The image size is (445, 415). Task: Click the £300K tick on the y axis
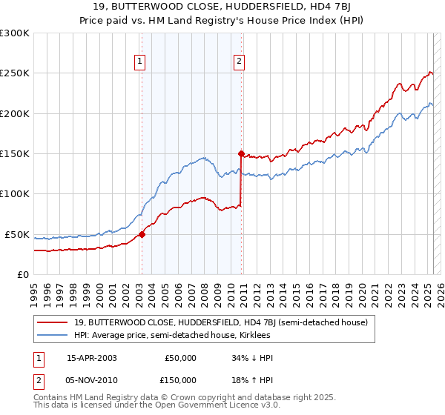click(x=15, y=33)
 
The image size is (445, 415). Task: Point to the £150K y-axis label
click(x=15, y=154)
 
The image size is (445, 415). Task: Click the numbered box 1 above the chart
click(x=140, y=62)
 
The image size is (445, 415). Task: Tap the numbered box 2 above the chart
click(x=240, y=62)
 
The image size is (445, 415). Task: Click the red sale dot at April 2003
click(x=142, y=234)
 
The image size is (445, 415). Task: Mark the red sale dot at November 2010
click(x=241, y=154)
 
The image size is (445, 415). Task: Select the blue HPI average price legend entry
click(x=172, y=335)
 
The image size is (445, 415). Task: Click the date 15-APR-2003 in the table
click(x=92, y=358)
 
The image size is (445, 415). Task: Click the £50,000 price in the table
click(x=180, y=358)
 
